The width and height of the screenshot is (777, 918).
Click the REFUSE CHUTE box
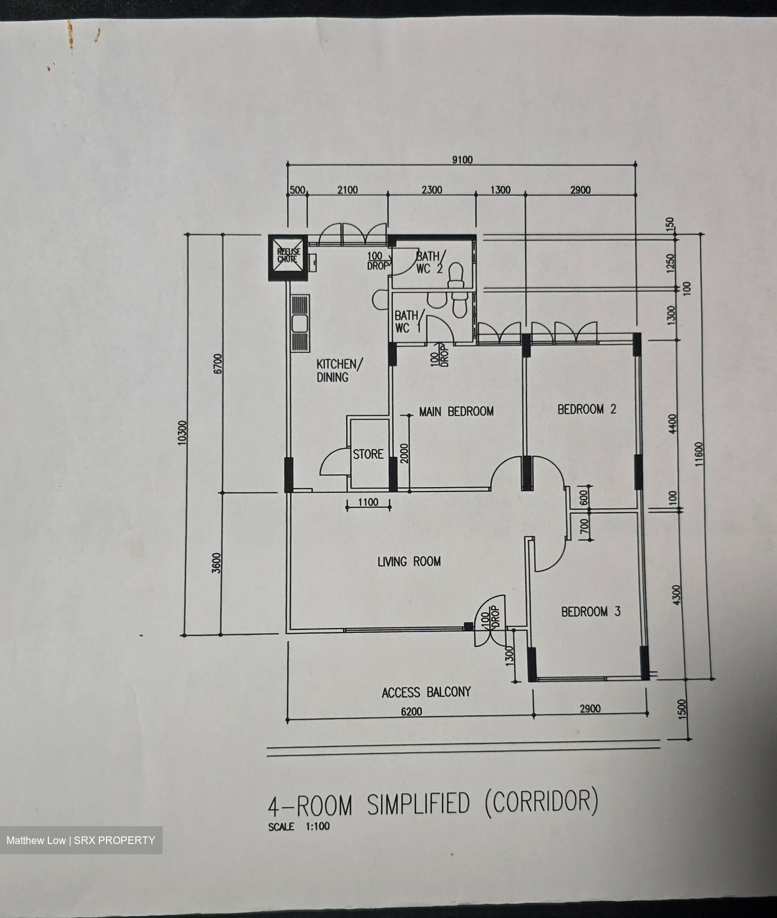point(287,258)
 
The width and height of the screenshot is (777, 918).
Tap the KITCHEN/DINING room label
point(339,370)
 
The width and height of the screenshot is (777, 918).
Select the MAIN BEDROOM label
point(456,411)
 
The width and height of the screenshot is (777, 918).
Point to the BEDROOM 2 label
point(587,409)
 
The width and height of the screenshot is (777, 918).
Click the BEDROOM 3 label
point(590,611)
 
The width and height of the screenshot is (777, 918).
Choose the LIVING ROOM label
point(409,562)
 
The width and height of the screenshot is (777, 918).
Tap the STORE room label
point(368,454)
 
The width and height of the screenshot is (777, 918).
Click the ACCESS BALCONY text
point(426,692)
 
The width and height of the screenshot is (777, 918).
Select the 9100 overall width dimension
point(462,160)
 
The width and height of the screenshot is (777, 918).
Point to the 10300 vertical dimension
point(182,432)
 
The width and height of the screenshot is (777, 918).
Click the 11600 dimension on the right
point(699,454)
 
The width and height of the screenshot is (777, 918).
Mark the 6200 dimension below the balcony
point(412,712)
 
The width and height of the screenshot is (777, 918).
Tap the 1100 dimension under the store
point(368,502)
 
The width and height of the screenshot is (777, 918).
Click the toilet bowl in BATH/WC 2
point(456,275)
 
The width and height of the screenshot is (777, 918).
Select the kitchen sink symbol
point(301,323)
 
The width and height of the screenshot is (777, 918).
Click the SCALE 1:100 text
point(299,826)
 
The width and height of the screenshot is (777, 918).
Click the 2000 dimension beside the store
point(403,453)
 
